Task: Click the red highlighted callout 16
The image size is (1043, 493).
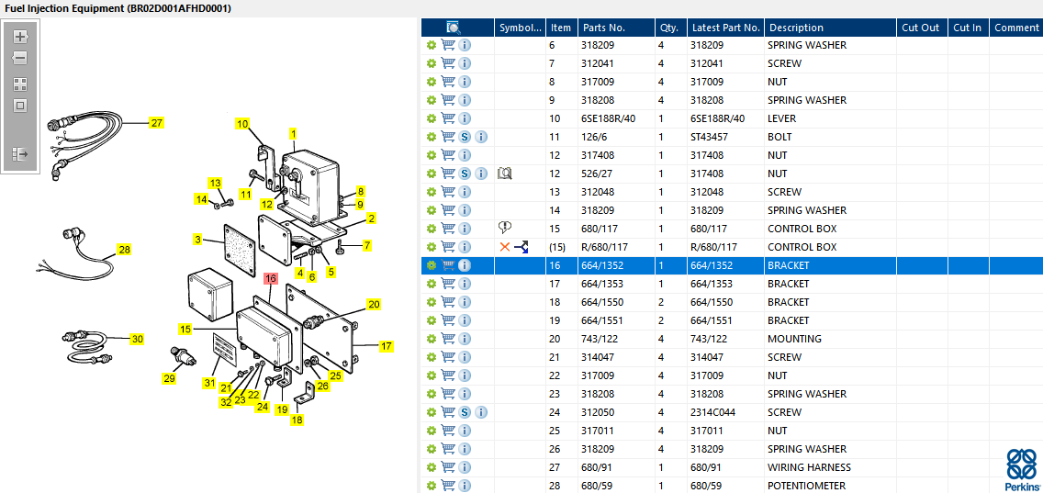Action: (x=271, y=278)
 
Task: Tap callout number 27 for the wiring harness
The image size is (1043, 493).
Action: (x=156, y=122)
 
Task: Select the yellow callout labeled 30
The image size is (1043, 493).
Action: (x=137, y=339)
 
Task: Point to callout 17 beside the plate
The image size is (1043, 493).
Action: (x=387, y=346)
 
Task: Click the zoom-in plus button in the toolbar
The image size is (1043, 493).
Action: (x=20, y=37)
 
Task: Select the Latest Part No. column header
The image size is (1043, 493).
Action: (x=725, y=28)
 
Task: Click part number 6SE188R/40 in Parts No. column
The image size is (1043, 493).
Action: (x=609, y=118)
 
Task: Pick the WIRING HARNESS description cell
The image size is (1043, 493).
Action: (x=809, y=467)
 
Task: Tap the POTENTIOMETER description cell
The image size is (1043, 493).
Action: (x=806, y=486)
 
